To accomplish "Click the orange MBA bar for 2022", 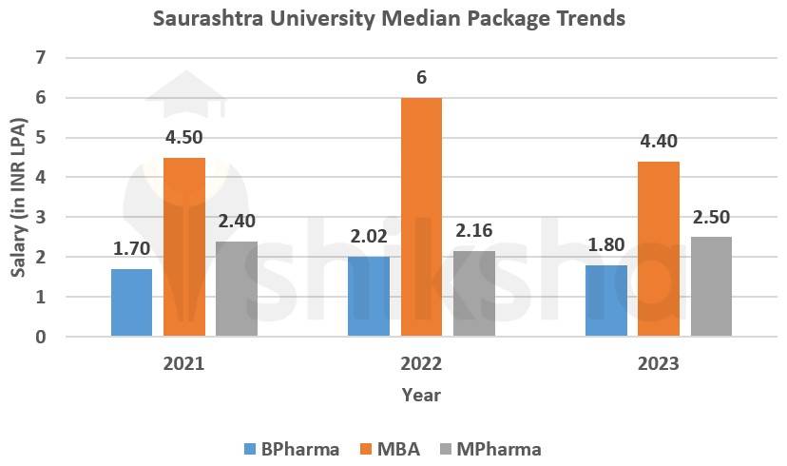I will point(421,217).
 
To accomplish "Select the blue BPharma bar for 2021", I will point(131,302).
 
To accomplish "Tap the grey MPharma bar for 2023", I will point(711,286).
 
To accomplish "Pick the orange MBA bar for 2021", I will point(184,247).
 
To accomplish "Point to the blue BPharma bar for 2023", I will point(606,301).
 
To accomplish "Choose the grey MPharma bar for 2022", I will point(474,293).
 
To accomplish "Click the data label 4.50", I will point(184,137).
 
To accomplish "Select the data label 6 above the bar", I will point(421,77).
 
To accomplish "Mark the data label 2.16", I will point(474,230).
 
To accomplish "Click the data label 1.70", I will point(131,249).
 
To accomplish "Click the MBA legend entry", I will point(388,449).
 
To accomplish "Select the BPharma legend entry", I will point(291,449).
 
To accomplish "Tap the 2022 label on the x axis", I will point(421,363).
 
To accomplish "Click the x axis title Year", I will point(420,394).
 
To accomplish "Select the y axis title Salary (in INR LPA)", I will point(18,198).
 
